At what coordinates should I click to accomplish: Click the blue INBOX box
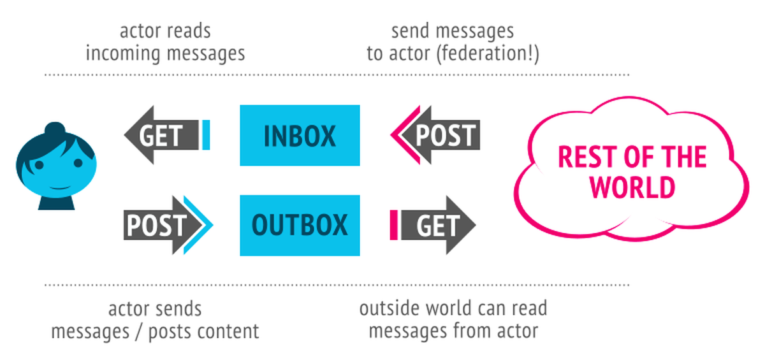[x=300, y=136]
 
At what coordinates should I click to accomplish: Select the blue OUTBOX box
[x=300, y=226]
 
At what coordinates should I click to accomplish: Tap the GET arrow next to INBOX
[x=160, y=136]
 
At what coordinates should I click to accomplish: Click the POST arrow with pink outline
[x=440, y=136]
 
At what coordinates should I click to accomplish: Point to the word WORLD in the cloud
[x=632, y=187]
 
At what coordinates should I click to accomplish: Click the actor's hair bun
[x=56, y=130]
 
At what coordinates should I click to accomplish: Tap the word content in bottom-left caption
[x=229, y=332]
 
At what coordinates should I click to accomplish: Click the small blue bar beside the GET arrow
[x=206, y=135]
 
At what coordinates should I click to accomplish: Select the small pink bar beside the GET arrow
[x=394, y=226]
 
